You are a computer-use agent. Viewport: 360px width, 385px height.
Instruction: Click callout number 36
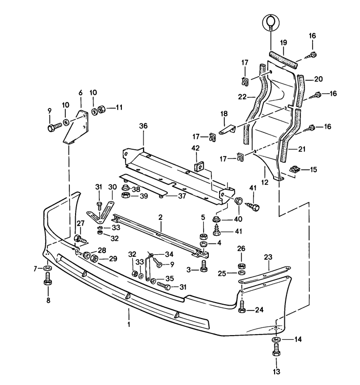143,126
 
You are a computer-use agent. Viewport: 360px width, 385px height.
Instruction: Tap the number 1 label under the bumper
129,324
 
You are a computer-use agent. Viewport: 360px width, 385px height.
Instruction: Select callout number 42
195,148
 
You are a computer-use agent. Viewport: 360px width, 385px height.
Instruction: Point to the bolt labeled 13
276,350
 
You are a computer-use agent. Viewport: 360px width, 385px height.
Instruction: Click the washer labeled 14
276,340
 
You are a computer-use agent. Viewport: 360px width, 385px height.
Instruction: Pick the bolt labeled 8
48,278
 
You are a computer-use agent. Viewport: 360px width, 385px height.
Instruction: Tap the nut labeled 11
102,109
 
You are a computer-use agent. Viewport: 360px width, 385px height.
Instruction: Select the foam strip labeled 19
283,60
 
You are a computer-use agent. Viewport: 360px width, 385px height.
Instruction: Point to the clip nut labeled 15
295,169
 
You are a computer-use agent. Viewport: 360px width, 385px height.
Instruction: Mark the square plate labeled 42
200,167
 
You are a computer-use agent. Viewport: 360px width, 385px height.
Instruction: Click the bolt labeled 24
242,306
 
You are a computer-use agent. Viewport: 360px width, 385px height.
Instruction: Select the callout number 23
268,257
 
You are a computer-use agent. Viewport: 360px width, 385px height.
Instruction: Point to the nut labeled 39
125,196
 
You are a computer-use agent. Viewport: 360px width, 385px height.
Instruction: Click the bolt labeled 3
204,266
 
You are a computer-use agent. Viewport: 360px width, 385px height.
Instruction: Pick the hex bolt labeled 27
80,239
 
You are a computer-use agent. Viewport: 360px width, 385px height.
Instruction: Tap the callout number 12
265,182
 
